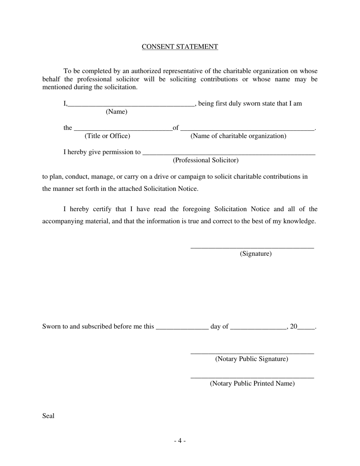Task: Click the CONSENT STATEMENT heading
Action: tap(180, 47)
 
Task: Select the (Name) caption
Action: tap(116, 112)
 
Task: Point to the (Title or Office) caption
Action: tap(107, 136)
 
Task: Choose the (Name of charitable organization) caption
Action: tap(238, 136)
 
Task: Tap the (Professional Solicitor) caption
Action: tap(206, 160)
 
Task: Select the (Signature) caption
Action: tap(256, 254)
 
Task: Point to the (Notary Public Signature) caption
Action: tap(252, 359)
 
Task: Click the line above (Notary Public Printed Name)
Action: tap(252, 377)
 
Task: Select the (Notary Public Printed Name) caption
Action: tap(252, 383)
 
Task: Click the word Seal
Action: tap(49, 416)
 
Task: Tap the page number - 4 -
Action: tap(180, 441)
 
